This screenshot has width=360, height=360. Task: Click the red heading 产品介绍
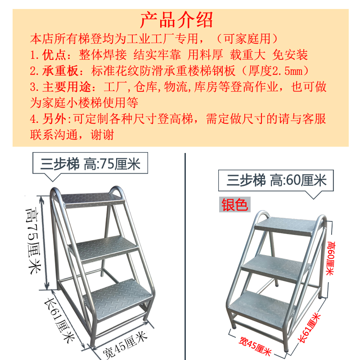[176, 20]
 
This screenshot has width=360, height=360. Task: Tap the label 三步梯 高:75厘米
[90, 164]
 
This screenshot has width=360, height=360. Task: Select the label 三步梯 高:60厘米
[276, 180]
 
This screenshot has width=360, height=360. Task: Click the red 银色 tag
[234, 205]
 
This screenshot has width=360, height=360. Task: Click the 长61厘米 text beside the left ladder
[59, 321]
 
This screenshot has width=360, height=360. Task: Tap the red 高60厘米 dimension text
[331, 258]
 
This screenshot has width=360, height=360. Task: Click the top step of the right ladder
[286, 226]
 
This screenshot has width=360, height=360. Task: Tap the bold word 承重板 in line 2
[60, 71]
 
